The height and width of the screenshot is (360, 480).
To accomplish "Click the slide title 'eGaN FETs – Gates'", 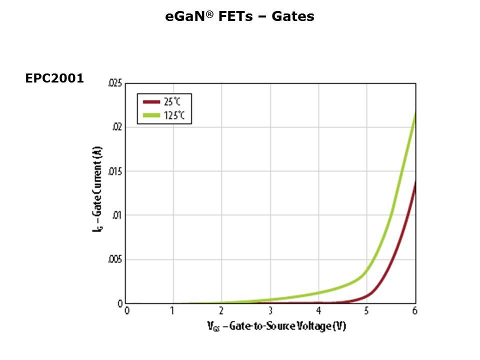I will coord(239,16).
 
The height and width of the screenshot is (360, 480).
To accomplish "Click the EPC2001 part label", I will coord(54,78).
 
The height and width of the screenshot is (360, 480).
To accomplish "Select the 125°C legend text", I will coord(174,115).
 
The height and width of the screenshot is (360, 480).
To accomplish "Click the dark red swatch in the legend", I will coord(151,102).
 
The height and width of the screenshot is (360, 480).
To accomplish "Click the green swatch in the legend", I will coord(151,115).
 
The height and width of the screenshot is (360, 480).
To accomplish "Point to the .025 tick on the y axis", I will coord(115,83).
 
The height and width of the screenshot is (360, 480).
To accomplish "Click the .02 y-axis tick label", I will coord(117,127).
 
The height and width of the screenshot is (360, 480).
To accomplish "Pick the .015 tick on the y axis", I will coord(115,171).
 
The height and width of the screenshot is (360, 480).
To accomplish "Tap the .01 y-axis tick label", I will coord(117,215).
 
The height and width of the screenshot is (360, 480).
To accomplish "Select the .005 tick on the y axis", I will coord(115,259).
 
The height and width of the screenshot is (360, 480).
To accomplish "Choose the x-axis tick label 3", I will coord(270,311).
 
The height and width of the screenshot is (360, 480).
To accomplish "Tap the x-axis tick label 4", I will coord(318,311).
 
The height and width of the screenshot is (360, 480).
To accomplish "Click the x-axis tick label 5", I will coord(366,311).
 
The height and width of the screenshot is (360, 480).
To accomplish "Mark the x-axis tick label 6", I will coord(414,311).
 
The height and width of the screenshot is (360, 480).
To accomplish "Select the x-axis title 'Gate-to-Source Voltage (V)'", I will coord(276,326).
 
